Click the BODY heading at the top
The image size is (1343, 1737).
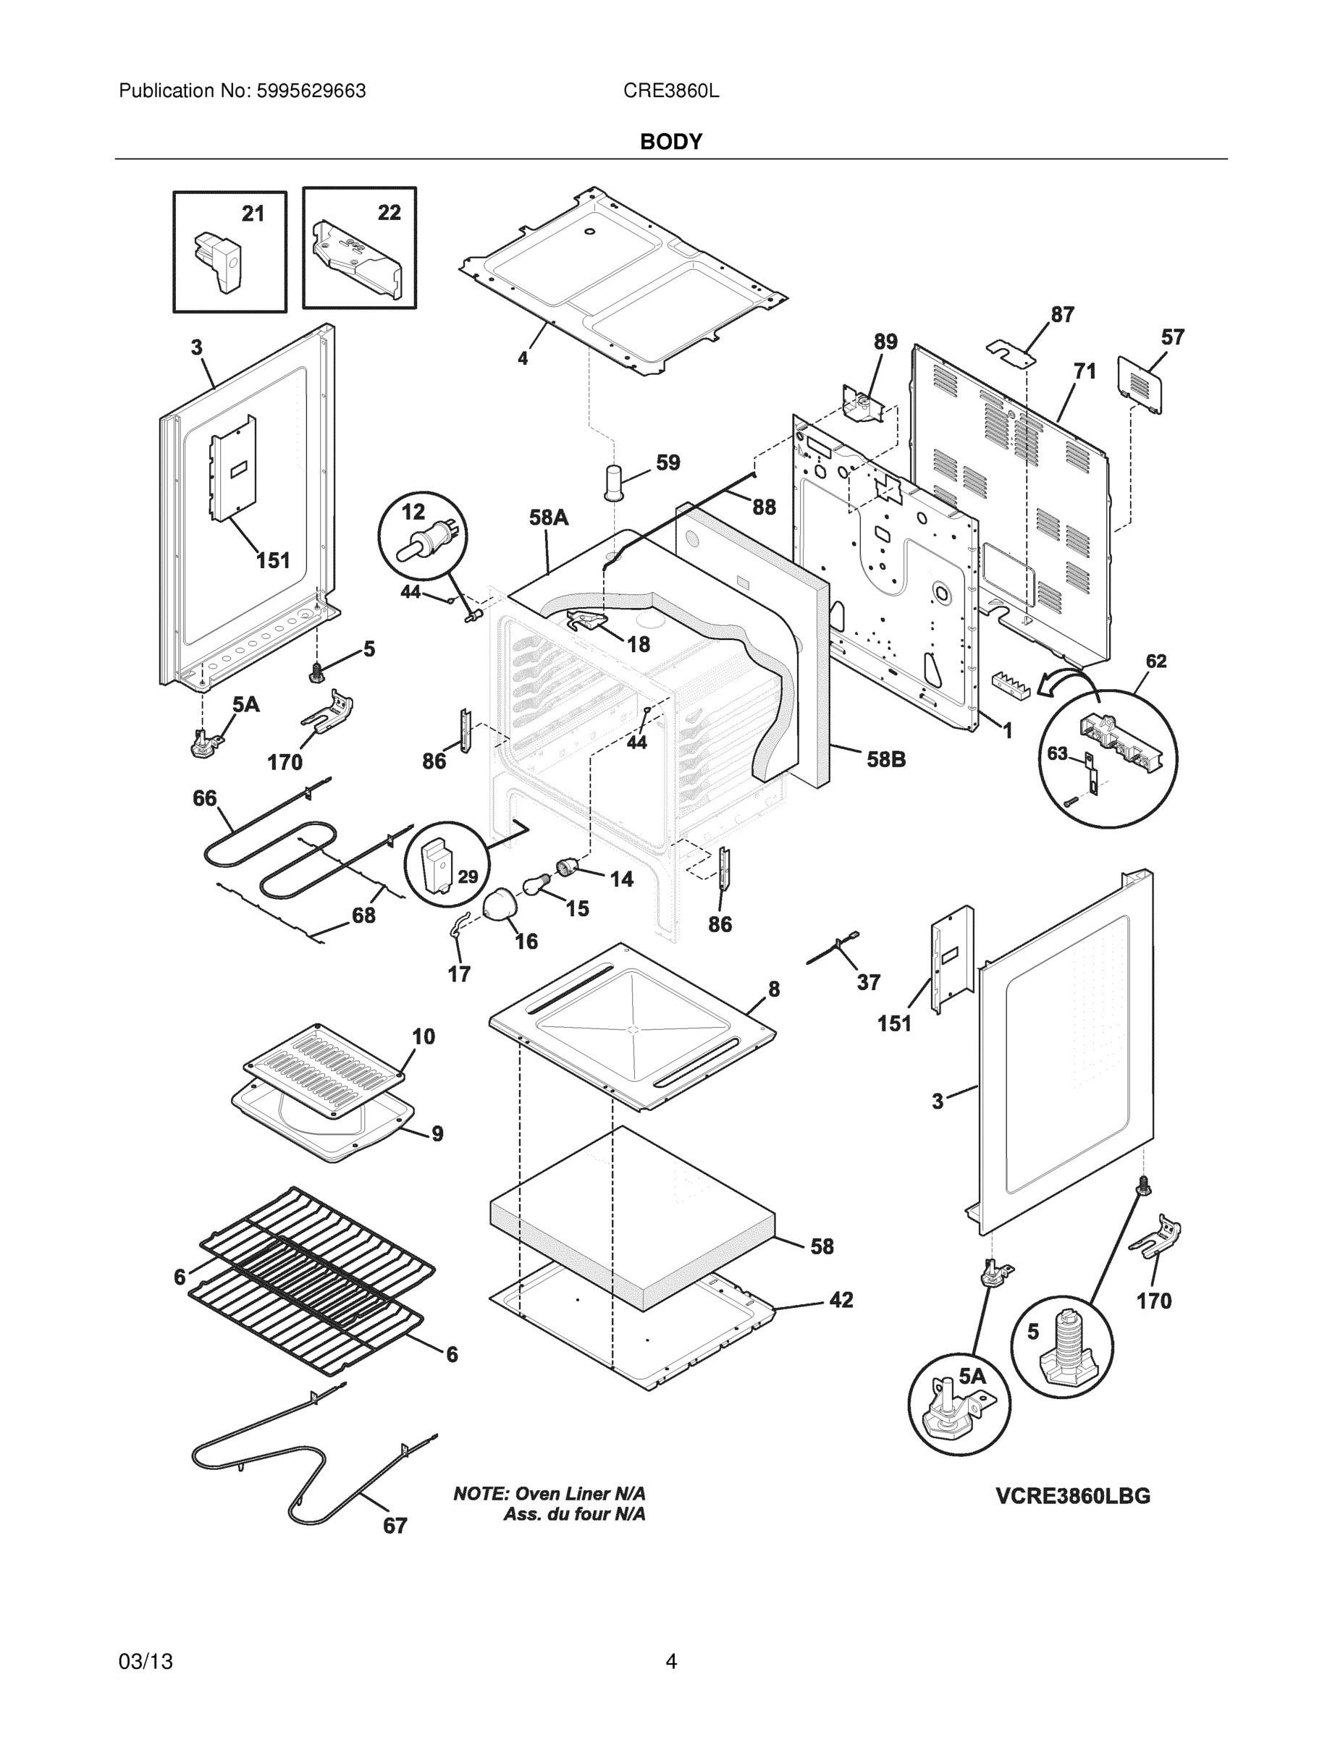point(670,142)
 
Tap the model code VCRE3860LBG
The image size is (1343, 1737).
point(1072,1496)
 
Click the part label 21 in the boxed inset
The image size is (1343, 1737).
point(253,214)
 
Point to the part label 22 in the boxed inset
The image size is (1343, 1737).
point(389,212)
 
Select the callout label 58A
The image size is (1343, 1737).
point(548,517)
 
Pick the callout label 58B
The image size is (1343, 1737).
point(885,759)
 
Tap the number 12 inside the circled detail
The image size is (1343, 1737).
point(413,512)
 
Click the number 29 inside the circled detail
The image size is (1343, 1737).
point(468,876)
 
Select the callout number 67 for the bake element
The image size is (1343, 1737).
point(395,1526)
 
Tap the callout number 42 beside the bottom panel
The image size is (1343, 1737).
point(841,1300)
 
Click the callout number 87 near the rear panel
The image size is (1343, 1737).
point(1062,315)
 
